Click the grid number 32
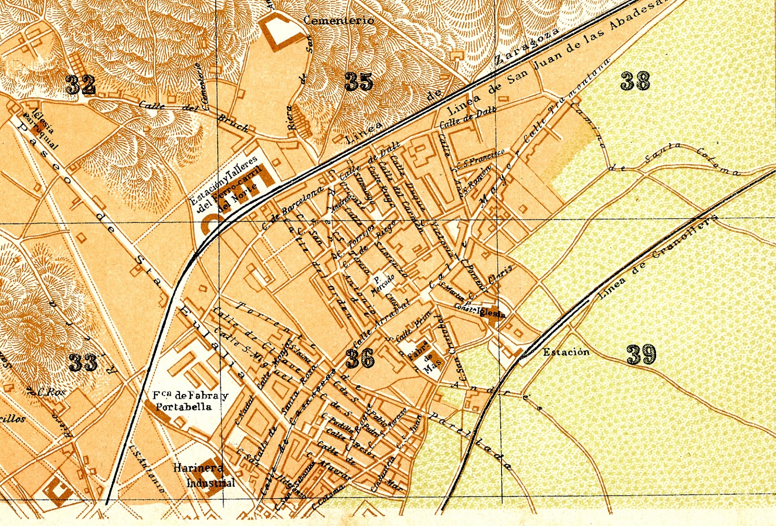(81, 84)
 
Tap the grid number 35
(359, 82)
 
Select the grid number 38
(635, 81)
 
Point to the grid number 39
(641, 355)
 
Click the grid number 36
(360, 359)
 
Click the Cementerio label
(339, 20)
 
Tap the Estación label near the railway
(566, 352)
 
